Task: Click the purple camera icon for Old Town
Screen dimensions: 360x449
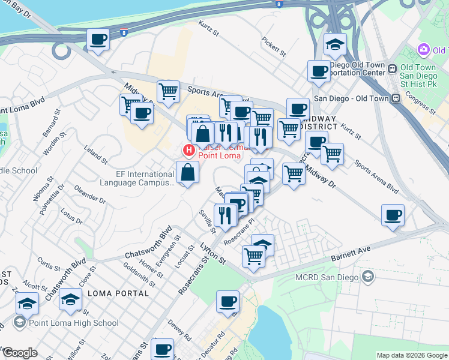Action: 424,49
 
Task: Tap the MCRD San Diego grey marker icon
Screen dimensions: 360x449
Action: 367,277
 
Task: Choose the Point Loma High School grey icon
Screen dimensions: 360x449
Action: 19,323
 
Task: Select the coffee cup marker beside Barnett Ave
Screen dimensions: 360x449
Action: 393,215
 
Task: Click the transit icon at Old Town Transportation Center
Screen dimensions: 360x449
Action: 393,68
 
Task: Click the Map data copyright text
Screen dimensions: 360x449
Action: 411,355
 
